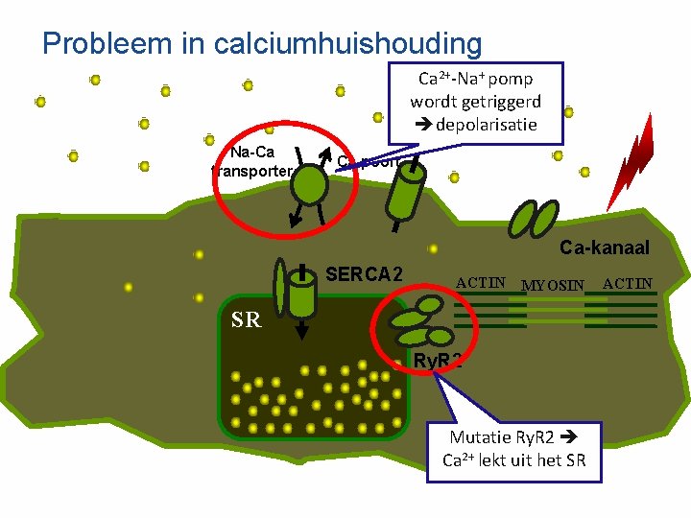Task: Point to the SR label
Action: pyautogui.click(x=246, y=320)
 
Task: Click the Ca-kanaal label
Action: pyautogui.click(x=605, y=248)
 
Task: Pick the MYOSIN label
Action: pyautogui.click(x=552, y=285)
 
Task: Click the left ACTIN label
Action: pyautogui.click(x=481, y=283)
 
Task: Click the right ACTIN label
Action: pyautogui.click(x=628, y=283)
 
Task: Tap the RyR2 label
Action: pyautogui.click(x=438, y=361)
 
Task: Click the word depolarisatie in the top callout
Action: pyautogui.click(x=485, y=125)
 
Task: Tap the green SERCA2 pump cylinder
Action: pyautogui.click(x=302, y=292)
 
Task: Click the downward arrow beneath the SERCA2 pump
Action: pyautogui.click(x=302, y=330)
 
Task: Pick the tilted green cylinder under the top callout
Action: pyautogui.click(x=404, y=192)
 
